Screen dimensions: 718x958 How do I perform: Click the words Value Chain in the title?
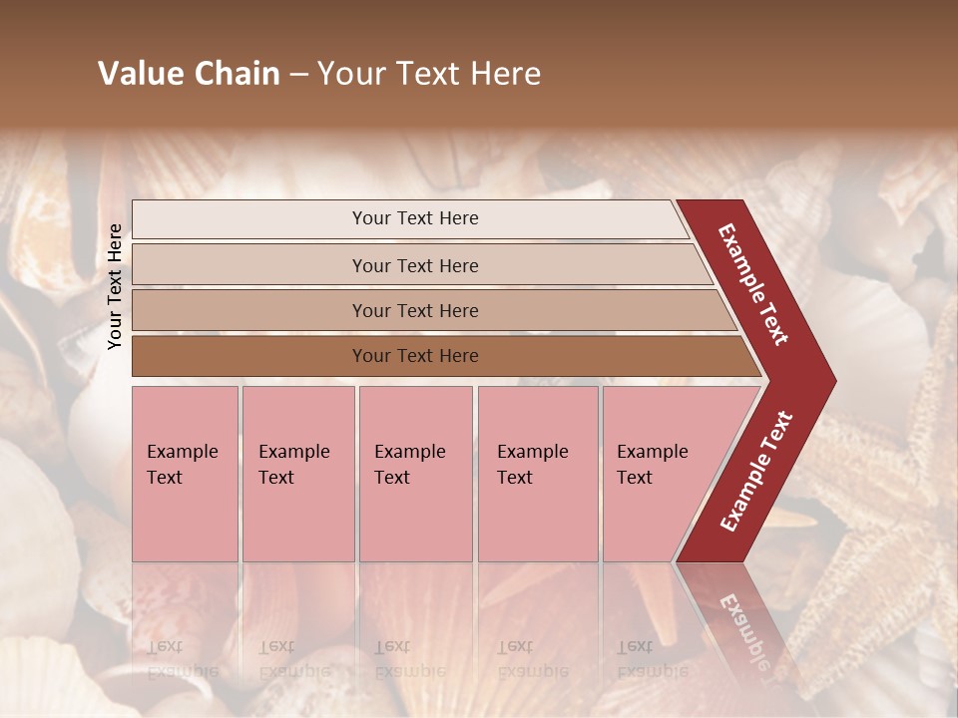pyautogui.click(x=189, y=74)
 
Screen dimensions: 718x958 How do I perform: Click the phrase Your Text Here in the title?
pyautogui.click(x=429, y=74)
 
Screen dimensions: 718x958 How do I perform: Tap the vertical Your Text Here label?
pyautogui.click(x=115, y=286)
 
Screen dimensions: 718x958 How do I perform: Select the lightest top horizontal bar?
pyautogui.click(x=409, y=218)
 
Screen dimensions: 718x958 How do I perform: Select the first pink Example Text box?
pyautogui.click(x=185, y=474)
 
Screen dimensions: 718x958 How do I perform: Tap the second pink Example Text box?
pyautogui.click(x=297, y=474)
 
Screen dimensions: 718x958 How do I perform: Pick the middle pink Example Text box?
pyautogui.click(x=415, y=474)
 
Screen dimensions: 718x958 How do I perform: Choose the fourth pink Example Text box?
pyautogui.click(x=537, y=474)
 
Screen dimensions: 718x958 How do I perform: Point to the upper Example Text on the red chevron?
pyautogui.click(x=753, y=284)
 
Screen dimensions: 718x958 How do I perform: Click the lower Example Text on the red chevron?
pyautogui.click(x=756, y=472)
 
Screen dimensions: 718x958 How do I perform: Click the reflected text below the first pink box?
pyautogui.click(x=180, y=659)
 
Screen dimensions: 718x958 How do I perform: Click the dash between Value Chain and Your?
pyautogui.click(x=298, y=75)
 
